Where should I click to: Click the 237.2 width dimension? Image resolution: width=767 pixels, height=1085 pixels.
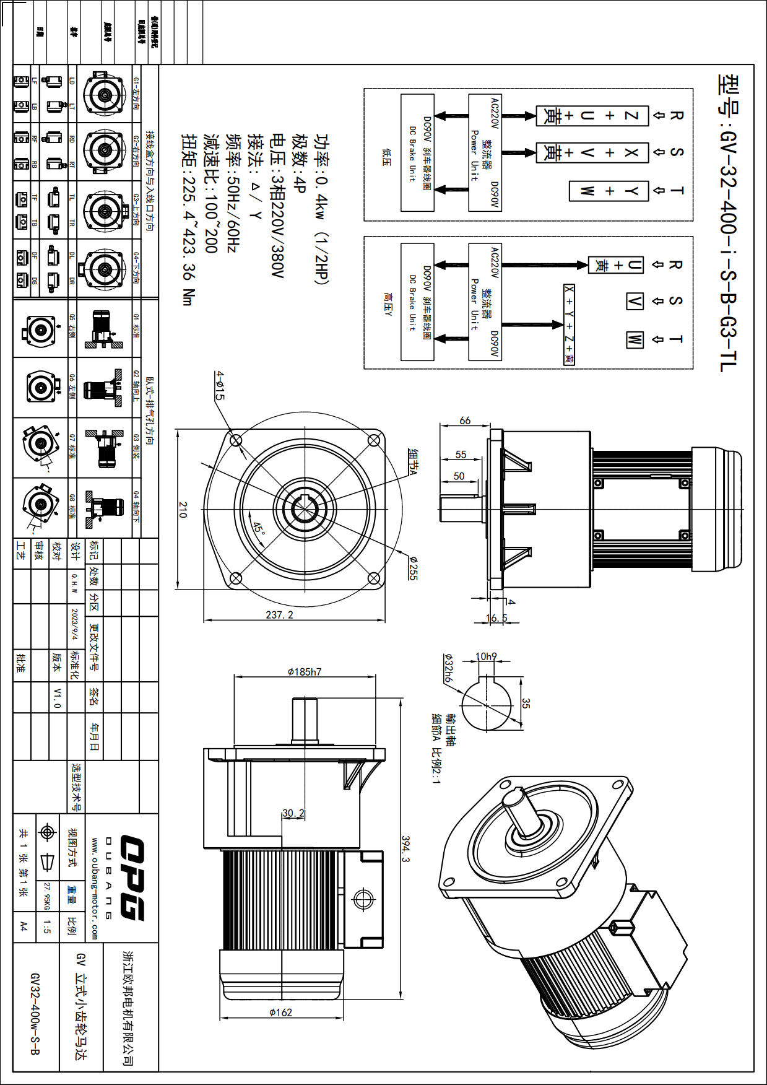tap(279, 614)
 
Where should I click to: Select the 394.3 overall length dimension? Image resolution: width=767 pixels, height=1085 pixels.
tap(405, 849)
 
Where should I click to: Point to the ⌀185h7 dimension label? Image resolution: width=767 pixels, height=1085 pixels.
tap(305, 672)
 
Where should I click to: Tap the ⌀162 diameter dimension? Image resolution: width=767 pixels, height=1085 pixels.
tap(280, 1013)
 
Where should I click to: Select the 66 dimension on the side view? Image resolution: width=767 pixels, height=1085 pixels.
tap(465, 420)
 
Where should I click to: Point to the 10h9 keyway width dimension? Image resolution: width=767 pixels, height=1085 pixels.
tap(486, 656)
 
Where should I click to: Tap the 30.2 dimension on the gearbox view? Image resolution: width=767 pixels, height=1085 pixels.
tap(293, 813)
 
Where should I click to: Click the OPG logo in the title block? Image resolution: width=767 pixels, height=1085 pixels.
tap(132, 878)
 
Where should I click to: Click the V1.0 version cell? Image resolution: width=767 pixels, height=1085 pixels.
tap(57, 697)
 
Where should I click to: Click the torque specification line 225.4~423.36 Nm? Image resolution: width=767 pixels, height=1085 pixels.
tap(188, 220)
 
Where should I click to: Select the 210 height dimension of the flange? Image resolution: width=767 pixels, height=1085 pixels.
tap(183, 510)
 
